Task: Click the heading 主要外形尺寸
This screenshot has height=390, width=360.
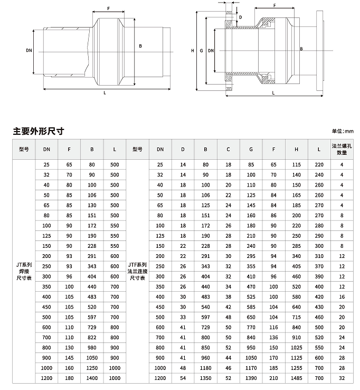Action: [39, 131]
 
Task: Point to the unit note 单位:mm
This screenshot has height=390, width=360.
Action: [342, 131]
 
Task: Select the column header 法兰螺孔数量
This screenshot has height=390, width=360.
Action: [342, 149]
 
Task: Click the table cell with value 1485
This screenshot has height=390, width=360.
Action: [296, 378]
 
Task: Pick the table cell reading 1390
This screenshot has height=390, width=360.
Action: [251, 378]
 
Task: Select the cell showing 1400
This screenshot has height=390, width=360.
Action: [92, 378]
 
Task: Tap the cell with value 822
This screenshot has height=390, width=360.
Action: [92, 337]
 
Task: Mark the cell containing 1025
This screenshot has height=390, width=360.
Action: [296, 348]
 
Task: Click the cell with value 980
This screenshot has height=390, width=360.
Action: [92, 348]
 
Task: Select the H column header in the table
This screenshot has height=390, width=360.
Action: [296, 149]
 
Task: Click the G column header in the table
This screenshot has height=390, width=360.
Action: [251, 149]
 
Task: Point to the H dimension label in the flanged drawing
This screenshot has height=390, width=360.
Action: [193, 51]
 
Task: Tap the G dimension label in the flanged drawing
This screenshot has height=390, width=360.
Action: [202, 51]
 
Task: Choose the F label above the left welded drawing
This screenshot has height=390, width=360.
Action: [108, 8]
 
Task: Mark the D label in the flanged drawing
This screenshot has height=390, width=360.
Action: [241, 17]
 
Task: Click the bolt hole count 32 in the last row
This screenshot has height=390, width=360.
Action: [342, 378]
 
